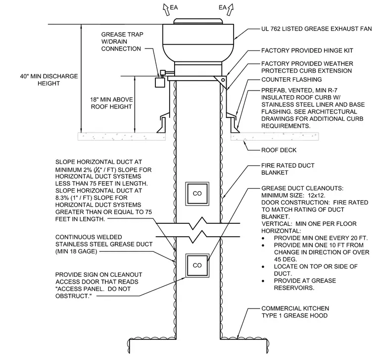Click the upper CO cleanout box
click(197, 194)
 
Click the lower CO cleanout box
click(197, 266)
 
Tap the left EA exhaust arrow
click(166, 9)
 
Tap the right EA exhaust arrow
click(230, 9)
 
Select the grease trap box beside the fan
click(160, 82)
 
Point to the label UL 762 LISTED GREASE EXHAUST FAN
click(317, 29)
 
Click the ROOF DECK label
click(279, 150)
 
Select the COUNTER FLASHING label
click(291, 79)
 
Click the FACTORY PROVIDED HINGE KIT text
click(307, 51)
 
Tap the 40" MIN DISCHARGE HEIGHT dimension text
click(49, 80)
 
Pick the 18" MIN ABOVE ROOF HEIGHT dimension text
click(111, 103)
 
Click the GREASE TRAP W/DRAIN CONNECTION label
click(122, 42)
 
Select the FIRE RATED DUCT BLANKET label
click(288, 169)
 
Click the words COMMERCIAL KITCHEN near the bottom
click(295, 309)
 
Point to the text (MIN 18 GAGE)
click(76, 252)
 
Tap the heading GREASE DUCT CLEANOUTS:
click(302, 188)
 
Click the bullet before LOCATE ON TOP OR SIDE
click(263, 267)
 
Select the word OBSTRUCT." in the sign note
click(74, 296)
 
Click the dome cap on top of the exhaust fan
click(198, 21)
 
